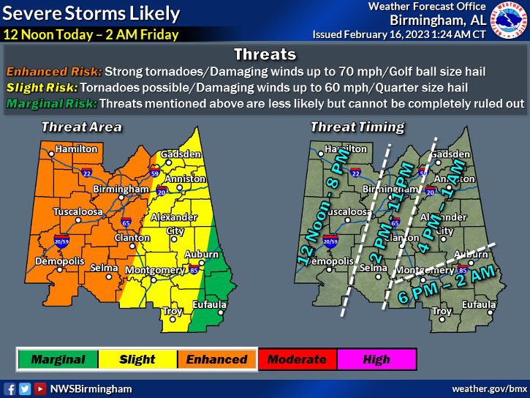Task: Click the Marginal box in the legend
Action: tap(58, 359)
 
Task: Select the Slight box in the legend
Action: tap(137, 359)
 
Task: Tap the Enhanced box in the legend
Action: tap(216, 359)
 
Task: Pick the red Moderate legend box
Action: tap(297, 359)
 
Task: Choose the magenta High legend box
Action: tap(376, 359)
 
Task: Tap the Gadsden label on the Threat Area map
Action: tap(181, 154)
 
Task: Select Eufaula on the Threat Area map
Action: tap(209, 304)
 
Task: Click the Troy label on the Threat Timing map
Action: tap(442, 311)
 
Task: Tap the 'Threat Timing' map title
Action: tap(357, 127)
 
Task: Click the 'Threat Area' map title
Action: tap(81, 127)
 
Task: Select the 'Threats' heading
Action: tap(265, 55)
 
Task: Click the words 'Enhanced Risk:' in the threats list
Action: tap(54, 72)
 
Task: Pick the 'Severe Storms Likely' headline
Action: tap(92, 13)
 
